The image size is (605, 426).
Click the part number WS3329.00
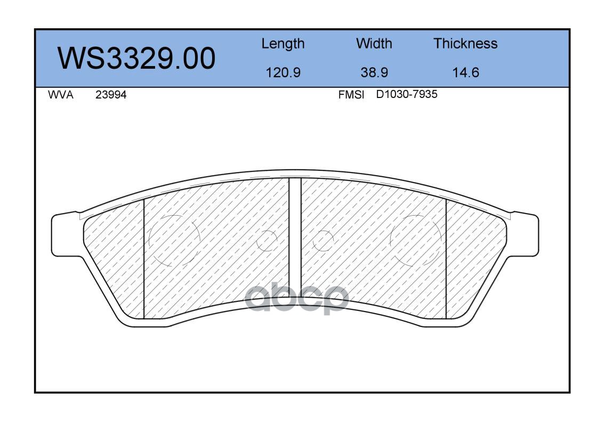[136, 59]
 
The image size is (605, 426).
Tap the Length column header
[283, 44]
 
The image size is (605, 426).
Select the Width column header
[374, 44]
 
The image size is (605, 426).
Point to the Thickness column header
[465, 44]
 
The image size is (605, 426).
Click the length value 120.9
[283, 72]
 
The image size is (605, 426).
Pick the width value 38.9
[374, 72]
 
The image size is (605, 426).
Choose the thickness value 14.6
[465, 72]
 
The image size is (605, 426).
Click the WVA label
[61, 95]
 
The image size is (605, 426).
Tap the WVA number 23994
[111, 95]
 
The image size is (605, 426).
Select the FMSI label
[351, 95]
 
